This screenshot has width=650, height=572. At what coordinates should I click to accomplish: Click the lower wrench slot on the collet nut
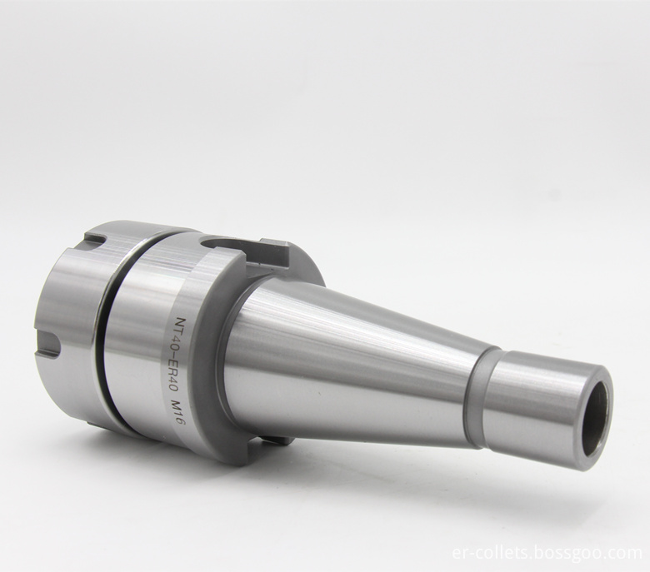tap(47, 347)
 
